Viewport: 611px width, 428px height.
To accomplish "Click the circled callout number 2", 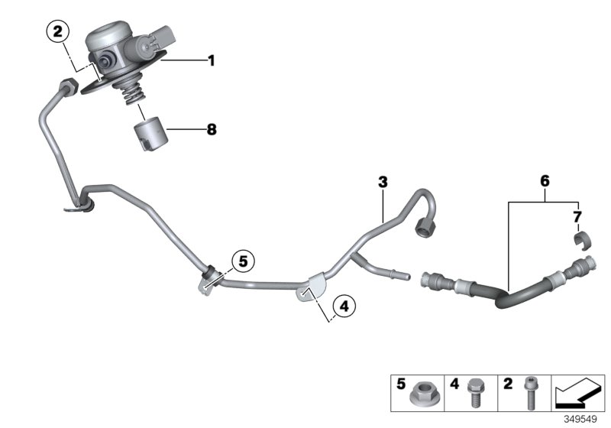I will pos(57,32).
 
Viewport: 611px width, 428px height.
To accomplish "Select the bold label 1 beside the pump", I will pos(211,59).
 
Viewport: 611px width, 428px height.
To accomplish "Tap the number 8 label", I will pos(211,130).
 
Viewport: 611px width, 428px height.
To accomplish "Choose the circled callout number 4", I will pos(343,306).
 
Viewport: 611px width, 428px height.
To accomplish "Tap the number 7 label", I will pos(577,219).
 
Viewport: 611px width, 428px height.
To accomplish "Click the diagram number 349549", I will pos(583,419).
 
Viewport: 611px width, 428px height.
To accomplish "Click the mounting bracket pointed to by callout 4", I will pos(309,290).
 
